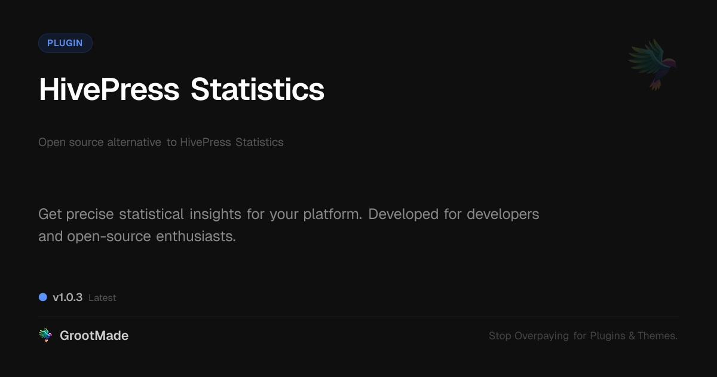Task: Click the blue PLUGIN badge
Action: pyautogui.click(x=65, y=43)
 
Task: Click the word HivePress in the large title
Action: pyautogui.click(x=109, y=89)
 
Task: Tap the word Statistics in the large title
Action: pyautogui.click(x=258, y=89)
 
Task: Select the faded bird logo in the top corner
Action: pyautogui.click(x=652, y=65)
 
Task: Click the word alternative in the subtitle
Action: pyautogui.click(x=134, y=142)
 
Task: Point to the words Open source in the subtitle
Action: pyautogui.click(x=71, y=142)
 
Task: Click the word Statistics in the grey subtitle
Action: pyautogui.click(x=259, y=142)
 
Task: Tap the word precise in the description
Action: pyautogui.click(x=90, y=214)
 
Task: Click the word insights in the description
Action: pyautogui.click(x=215, y=214)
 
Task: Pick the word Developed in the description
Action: pyautogui.click(x=403, y=214)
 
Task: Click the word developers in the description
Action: pyautogui.click(x=503, y=214)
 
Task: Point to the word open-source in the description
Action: pyautogui.click(x=109, y=236)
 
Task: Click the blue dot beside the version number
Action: pyautogui.click(x=43, y=297)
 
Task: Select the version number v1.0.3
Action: pyautogui.click(x=68, y=297)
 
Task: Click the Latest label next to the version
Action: pyautogui.click(x=102, y=298)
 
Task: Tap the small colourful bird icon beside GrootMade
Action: pyautogui.click(x=45, y=335)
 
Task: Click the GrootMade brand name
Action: pyautogui.click(x=94, y=336)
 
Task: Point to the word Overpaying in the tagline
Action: pyautogui.click(x=541, y=336)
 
